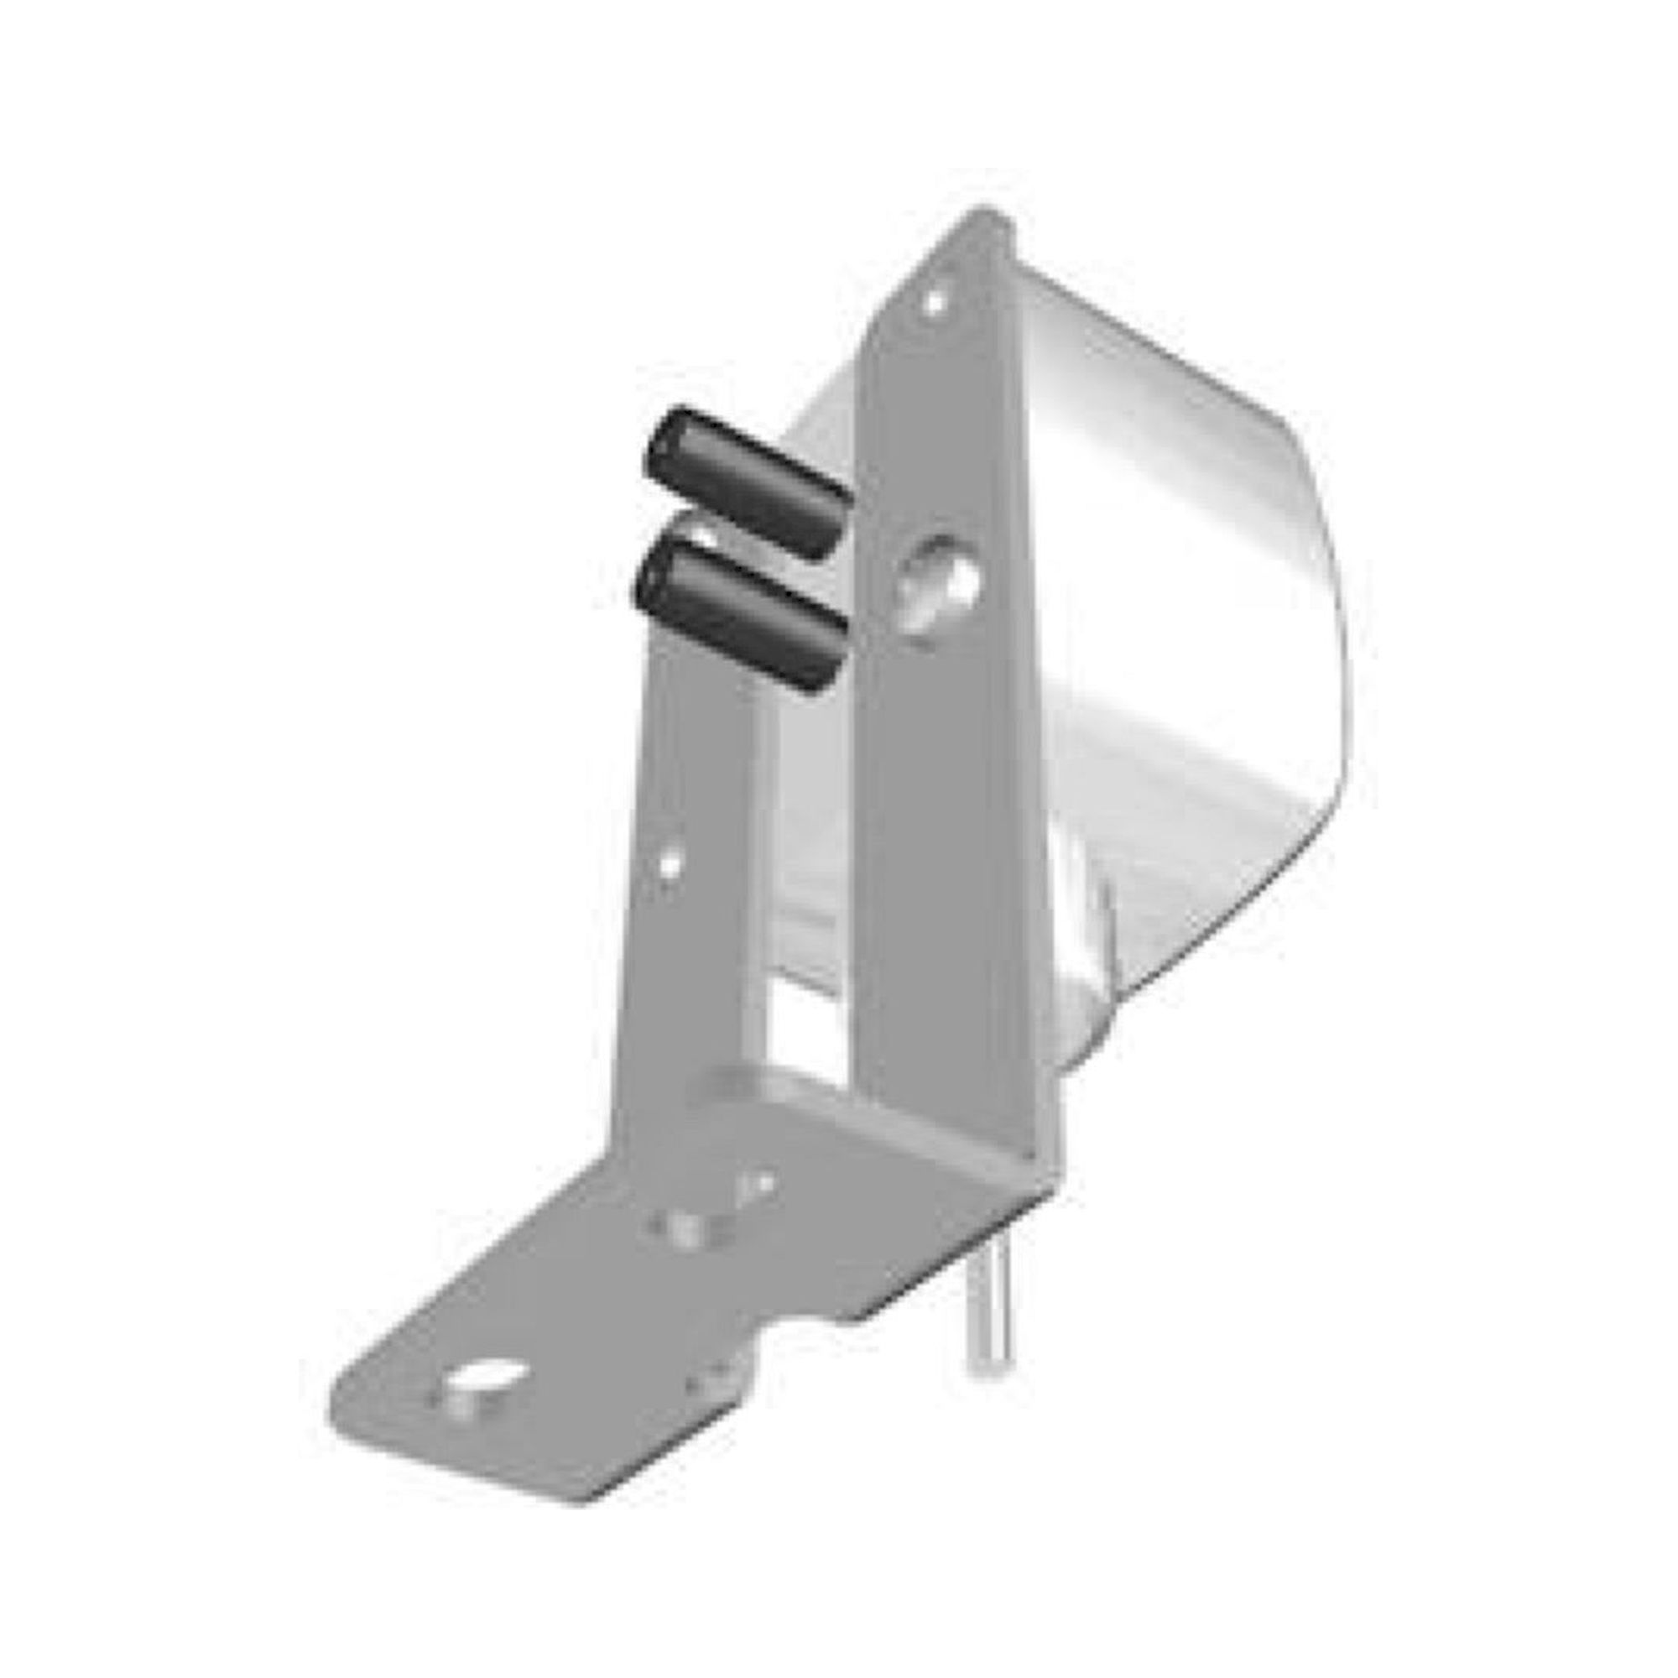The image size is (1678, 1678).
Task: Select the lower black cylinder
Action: click(x=738, y=612)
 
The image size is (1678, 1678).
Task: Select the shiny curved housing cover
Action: click(x=1199, y=608)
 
